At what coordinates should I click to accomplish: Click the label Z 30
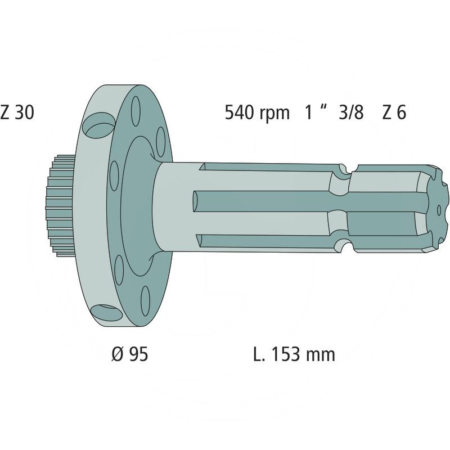click(x=17, y=112)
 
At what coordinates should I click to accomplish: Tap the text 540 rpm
click(x=256, y=112)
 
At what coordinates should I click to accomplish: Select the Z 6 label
click(x=394, y=112)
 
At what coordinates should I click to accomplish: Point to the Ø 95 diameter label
click(x=129, y=354)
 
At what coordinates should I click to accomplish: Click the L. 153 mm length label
click(x=294, y=354)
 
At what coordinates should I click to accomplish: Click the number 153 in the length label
click(x=288, y=354)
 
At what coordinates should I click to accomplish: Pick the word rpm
click(x=274, y=114)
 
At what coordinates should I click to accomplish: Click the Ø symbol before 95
click(x=117, y=354)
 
